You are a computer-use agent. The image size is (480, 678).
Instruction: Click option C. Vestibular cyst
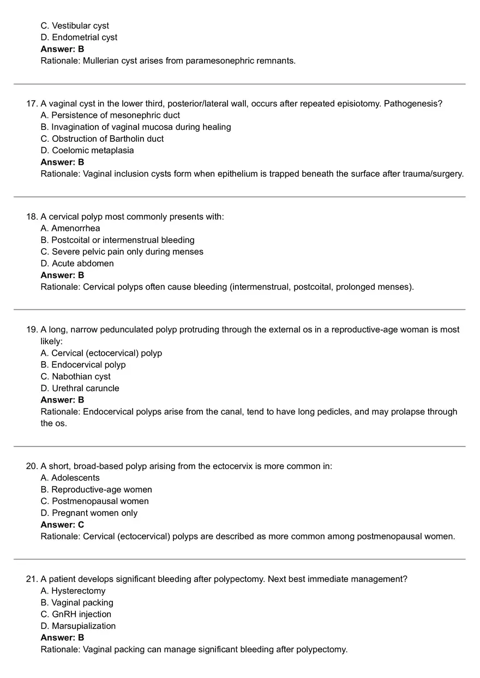pos(75,26)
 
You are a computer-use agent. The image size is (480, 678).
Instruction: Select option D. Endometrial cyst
pos(79,37)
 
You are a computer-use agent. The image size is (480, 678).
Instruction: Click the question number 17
pos(31,104)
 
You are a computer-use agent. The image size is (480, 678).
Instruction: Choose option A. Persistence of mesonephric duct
pos(110,115)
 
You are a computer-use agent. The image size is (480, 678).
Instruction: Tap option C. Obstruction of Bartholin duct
pos(102,139)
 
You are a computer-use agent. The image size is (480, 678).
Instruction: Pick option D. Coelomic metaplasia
pos(87,150)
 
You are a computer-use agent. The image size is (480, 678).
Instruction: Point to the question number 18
pos(31,217)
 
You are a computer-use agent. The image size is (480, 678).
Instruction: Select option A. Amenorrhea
pos(70,228)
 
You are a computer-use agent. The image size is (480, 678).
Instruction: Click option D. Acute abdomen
pos(77,263)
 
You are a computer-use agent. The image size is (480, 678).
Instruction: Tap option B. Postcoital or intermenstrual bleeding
pos(117,240)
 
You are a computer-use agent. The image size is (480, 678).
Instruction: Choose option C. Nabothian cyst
pos(76,376)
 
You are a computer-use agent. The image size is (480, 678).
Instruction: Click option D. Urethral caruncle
pos(80,388)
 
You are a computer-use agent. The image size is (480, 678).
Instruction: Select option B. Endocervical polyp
pos(83,364)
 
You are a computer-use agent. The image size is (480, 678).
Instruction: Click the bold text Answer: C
pos(63,525)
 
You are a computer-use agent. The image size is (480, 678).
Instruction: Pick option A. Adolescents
pos(70,478)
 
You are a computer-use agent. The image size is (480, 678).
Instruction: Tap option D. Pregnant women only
pos(89,513)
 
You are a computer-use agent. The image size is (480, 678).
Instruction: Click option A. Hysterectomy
pos(73,591)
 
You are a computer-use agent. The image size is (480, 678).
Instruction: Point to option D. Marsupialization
pos(79,626)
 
